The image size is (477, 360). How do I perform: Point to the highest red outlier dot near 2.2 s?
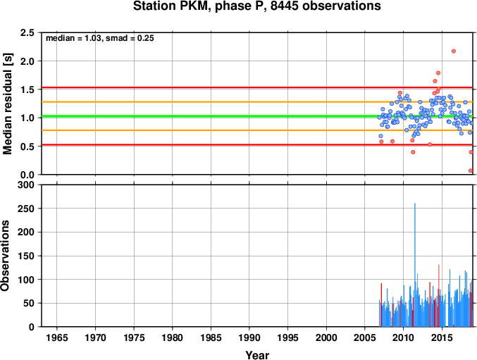point(454,51)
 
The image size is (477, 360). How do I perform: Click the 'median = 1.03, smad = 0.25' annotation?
point(100,38)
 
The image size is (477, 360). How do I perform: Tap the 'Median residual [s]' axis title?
point(7,104)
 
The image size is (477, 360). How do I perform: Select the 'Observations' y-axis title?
point(5,256)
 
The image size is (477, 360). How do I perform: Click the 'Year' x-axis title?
point(257,355)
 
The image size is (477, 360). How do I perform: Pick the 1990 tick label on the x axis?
point(249,337)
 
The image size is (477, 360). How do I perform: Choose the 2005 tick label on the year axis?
point(365,337)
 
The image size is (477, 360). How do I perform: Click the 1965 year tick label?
point(57,337)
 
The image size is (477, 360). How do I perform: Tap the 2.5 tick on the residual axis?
point(27,32)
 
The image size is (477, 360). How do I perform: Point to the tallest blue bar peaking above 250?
point(414,265)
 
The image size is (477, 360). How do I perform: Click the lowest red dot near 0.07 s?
point(471,170)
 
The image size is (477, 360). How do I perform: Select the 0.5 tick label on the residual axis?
point(27,147)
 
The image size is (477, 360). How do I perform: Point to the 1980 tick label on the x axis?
point(172,337)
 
